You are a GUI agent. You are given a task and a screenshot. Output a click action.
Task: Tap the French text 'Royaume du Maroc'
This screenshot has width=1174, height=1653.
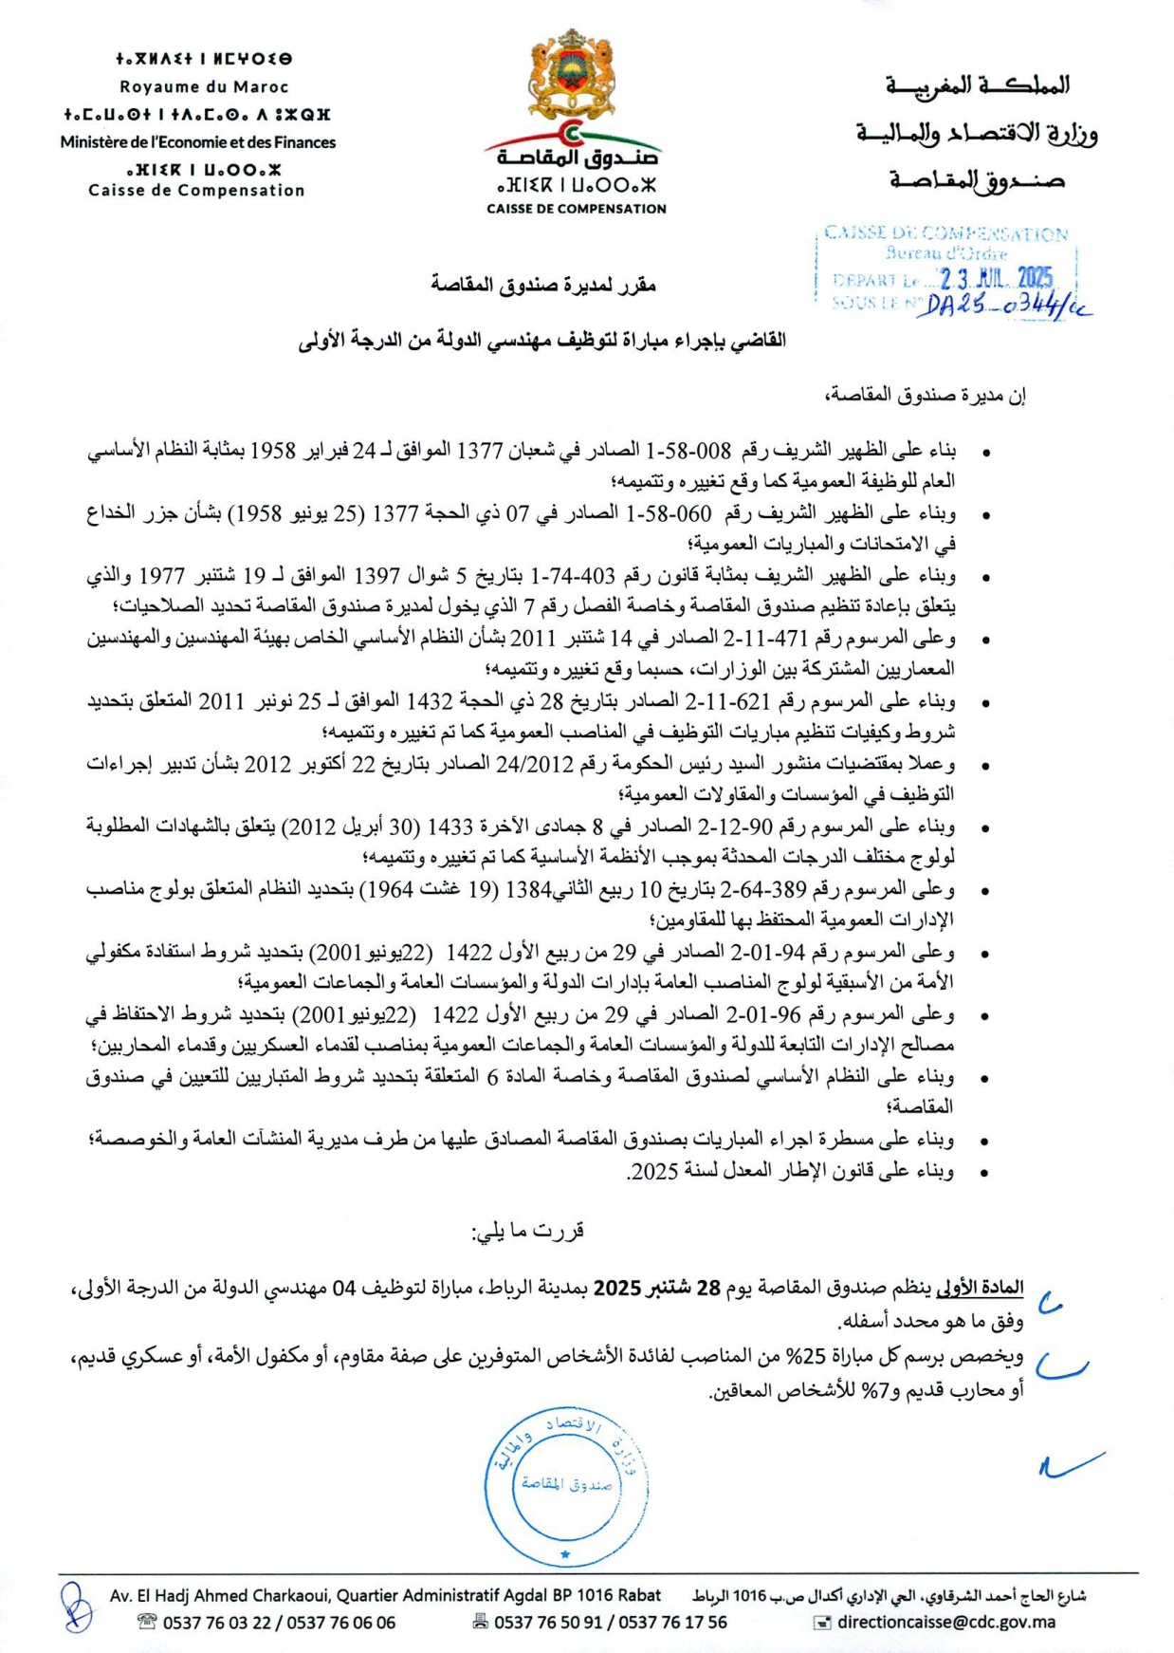point(204,86)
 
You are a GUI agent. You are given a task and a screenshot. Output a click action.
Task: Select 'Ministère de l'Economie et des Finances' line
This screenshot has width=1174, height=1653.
point(197,142)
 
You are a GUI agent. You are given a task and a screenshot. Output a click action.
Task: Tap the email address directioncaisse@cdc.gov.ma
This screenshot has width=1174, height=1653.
point(945,1622)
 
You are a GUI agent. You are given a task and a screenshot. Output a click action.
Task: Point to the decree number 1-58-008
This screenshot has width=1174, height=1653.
point(688,450)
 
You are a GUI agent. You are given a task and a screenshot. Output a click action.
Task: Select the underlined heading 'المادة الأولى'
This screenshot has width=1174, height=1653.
point(980,1288)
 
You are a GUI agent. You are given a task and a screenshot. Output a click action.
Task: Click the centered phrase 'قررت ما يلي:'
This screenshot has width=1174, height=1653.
point(528,1231)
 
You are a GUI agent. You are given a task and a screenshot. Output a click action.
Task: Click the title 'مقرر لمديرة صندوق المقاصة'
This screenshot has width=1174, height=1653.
point(543,284)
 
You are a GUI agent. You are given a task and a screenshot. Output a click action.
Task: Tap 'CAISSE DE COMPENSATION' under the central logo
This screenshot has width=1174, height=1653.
point(576,209)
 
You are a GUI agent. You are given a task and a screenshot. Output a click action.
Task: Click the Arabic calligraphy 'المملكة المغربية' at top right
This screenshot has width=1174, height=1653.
point(977,85)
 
